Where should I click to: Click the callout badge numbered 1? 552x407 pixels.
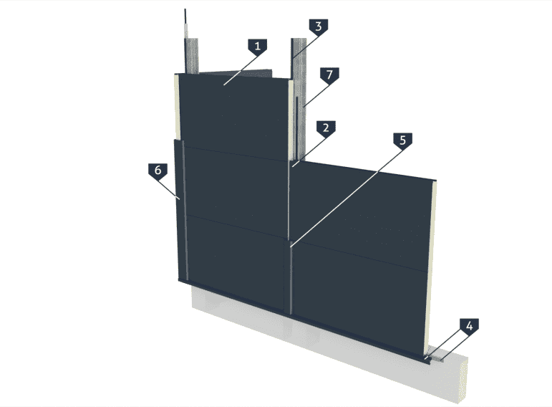[257, 46]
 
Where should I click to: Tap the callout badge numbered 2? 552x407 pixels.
[326, 128]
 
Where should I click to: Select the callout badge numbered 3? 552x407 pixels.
[319, 27]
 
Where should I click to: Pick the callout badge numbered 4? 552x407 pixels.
[469, 326]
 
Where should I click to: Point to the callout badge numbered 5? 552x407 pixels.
[402, 140]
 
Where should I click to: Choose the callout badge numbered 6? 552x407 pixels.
[158, 171]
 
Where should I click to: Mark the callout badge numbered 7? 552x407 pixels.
[329, 75]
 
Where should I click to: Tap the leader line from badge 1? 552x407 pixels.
[241, 70]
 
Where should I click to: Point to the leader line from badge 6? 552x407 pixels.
[169, 190]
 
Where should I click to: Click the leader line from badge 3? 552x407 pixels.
[305, 47]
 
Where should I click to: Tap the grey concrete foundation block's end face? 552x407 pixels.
[463, 380]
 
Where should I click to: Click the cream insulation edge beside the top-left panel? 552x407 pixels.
[177, 107]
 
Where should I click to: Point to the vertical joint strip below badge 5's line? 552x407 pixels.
[291, 279]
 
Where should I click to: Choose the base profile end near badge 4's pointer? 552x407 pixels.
[427, 360]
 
